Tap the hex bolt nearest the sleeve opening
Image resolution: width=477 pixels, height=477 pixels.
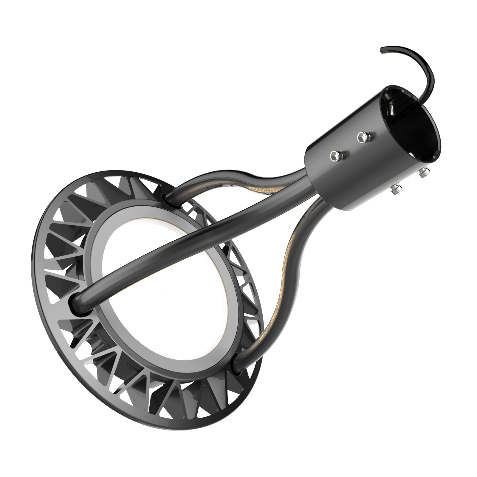(362, 137)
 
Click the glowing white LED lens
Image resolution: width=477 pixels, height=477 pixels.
(167, 298)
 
